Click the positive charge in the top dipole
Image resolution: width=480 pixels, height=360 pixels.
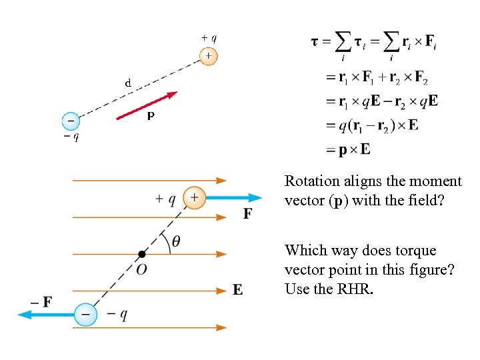[208, 56]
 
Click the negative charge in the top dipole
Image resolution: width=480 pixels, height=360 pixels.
[70, 121]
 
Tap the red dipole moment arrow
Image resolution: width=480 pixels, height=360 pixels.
[147, 105]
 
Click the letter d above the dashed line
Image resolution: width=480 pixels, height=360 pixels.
[127, 83]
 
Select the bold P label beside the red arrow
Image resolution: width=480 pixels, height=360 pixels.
[151, 116]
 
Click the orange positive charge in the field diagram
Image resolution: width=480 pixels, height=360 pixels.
[194, 197]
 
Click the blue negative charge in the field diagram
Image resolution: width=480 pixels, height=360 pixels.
[85, 313]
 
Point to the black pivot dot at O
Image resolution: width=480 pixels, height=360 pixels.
[141, 254]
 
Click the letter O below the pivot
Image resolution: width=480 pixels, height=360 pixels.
[141, 269]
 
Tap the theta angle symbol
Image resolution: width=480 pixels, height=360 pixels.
[175, 241]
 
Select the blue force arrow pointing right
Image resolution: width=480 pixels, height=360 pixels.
[233, 197]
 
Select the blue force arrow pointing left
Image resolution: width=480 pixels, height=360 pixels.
[47, 313]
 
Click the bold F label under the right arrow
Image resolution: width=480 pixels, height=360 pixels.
[247, 214]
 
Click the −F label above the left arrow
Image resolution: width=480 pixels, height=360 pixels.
[42, 301]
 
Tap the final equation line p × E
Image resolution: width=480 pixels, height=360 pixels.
[347, 149]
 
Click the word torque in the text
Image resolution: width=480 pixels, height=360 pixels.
[415, 251]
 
